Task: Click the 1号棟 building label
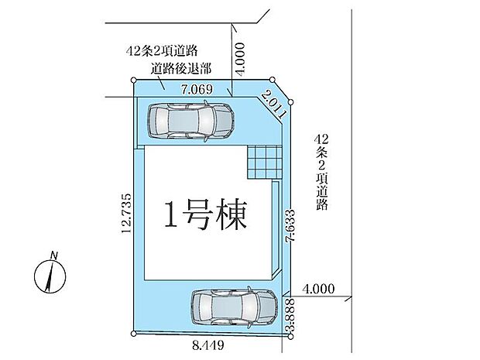204,214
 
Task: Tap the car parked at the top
190,121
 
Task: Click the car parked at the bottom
231,307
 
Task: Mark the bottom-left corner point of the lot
134,333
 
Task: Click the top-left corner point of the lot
134,81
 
